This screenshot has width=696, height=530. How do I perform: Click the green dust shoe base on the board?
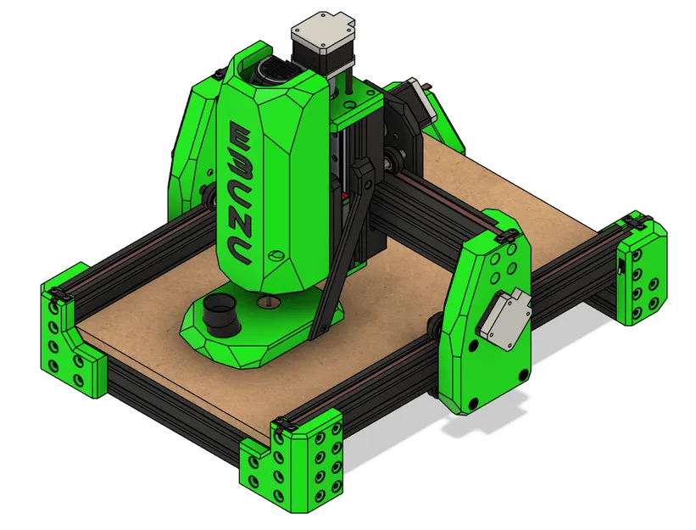pos(254,339)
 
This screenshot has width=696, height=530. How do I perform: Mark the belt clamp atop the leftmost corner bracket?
pos(58,293)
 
